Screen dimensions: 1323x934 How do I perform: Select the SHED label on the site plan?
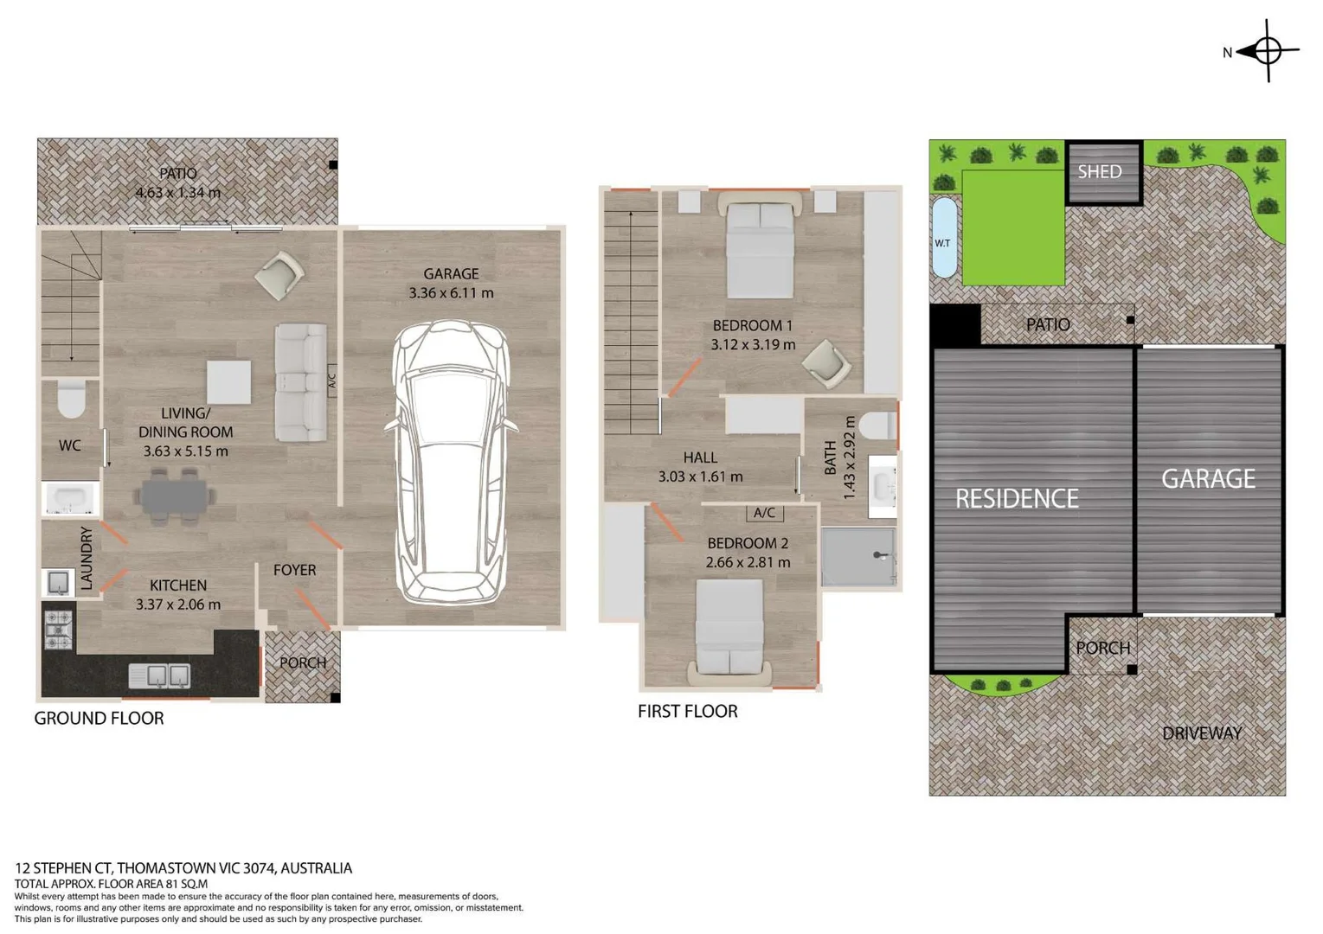tap(1099, 172)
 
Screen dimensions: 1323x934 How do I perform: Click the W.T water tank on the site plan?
tap(943, 237)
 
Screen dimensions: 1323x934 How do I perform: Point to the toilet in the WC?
tap(72, 398)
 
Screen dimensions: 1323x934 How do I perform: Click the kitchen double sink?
tap(159, 675)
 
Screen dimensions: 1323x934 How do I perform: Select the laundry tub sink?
tap(59, 583)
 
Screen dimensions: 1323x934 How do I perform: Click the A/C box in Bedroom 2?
tap(764, 513)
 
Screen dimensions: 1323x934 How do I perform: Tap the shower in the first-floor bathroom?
tap(858, 557)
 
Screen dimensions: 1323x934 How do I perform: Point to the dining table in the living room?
tap(174, 496)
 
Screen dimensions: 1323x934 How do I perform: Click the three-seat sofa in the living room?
tap(300, 382)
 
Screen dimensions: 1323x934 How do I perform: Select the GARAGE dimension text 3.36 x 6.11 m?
tap(451, 293)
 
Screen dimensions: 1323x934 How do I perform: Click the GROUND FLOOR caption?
tap(99, 719)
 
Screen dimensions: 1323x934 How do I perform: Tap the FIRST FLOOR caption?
tap(688, 712)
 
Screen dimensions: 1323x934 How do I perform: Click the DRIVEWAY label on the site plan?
tap(1201, 733)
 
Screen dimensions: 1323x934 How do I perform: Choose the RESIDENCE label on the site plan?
tap(1017, 499)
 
